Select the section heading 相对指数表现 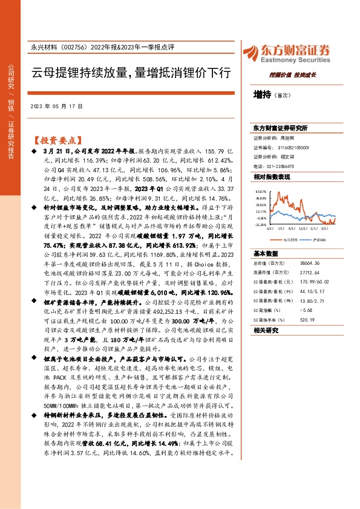[272, 176]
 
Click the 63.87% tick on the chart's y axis [260, 190]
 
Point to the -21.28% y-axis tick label [260, 224]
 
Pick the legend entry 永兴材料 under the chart [289, 239]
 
